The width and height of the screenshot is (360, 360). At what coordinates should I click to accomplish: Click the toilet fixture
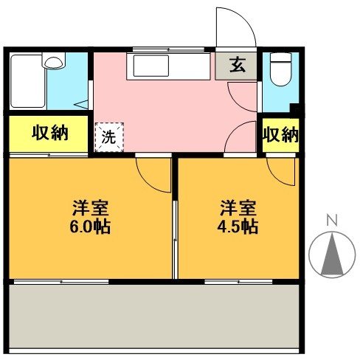[x=280, y=71]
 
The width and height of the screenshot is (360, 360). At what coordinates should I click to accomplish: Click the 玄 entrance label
[x=237, y=65]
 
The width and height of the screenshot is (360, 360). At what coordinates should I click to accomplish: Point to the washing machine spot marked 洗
[x=109, y=136]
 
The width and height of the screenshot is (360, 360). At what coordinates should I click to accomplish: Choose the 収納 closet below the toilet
[x=281, y=135]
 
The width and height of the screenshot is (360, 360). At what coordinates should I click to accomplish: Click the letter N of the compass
[x=332, y=219]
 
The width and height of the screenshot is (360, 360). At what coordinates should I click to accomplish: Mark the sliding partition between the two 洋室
[x=175, y=221]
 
